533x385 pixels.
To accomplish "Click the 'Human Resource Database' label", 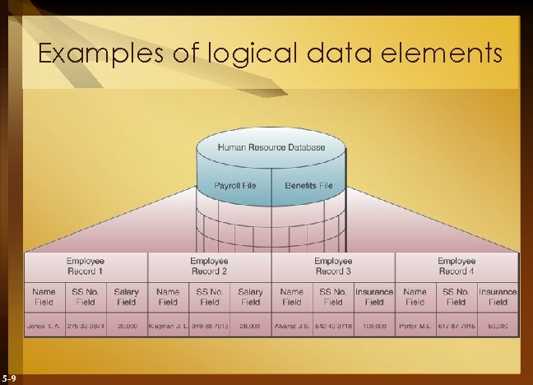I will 271,147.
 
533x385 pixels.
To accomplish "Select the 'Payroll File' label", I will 235,185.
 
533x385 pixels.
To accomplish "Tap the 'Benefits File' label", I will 308,185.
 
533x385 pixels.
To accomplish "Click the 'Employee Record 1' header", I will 86,266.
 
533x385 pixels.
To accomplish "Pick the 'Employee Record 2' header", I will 209,266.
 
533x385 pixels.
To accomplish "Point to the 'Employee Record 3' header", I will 333,266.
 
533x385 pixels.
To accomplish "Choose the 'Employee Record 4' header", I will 457,266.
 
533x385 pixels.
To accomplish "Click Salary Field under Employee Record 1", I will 127,296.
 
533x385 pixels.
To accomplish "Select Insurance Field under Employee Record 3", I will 374,296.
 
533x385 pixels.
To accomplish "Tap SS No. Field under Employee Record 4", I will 457,296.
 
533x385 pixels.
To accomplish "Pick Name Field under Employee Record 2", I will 168,296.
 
